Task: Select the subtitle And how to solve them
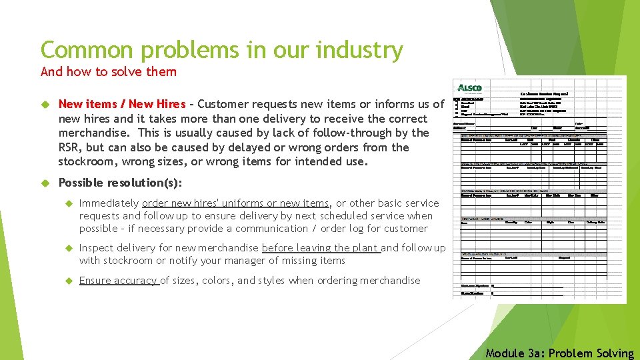click(x=109, y=71)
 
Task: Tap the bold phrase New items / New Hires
click(x=122, y=104)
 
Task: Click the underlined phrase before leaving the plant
click(x=321, y=248)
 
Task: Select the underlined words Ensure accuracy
click(x=118, y=281)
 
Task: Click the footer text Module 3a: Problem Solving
click(x=560, y=353)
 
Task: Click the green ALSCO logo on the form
click(x=470, y=88)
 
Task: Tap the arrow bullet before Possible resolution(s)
click(x=45, y=183)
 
